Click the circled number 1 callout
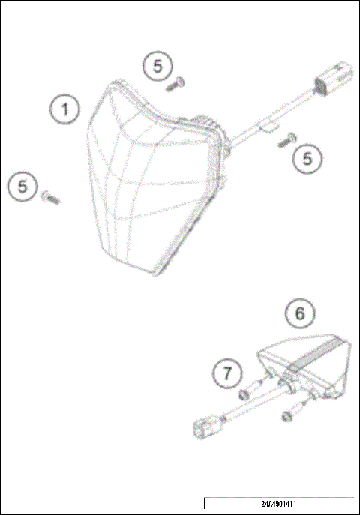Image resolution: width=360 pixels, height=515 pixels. (65, 110)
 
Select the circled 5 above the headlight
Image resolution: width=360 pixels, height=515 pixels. (157, 67)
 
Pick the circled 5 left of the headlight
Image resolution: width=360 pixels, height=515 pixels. (23, 186)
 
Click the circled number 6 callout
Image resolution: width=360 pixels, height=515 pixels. (300, 313)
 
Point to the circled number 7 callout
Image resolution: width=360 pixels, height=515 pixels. (226, 372)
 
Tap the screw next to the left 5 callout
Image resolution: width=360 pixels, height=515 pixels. (51, 198)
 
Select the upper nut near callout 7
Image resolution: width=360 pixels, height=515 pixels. (244, 394)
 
